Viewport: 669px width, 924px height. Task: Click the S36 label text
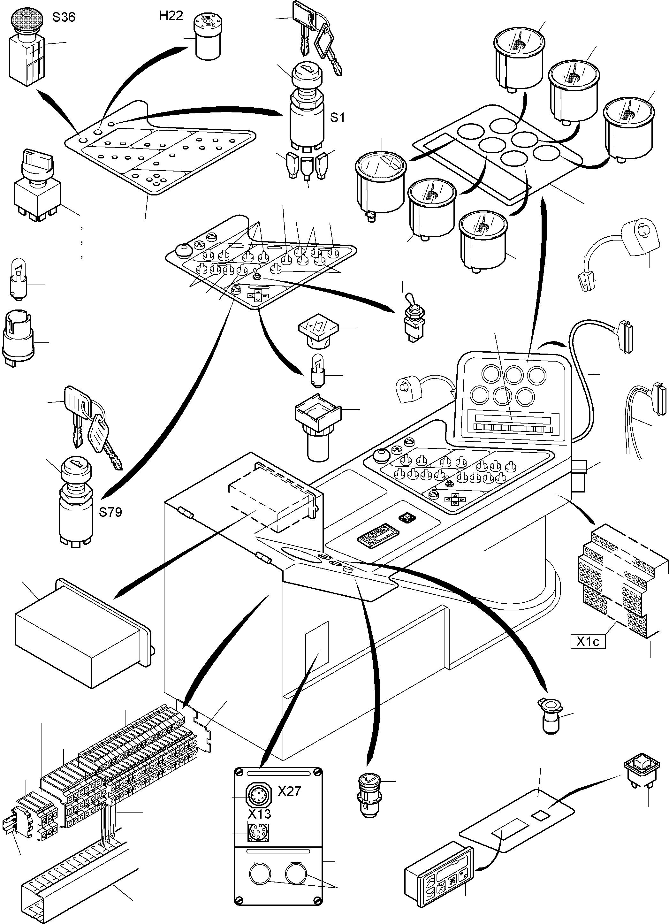pos(64,18)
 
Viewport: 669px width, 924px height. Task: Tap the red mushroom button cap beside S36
pos(25,18)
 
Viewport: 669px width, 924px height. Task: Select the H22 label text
pos(171,16)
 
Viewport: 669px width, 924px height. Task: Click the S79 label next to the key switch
pos(110,512)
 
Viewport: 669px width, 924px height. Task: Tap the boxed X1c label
pos(588,642)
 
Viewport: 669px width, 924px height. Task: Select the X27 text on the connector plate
pos(289,791)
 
